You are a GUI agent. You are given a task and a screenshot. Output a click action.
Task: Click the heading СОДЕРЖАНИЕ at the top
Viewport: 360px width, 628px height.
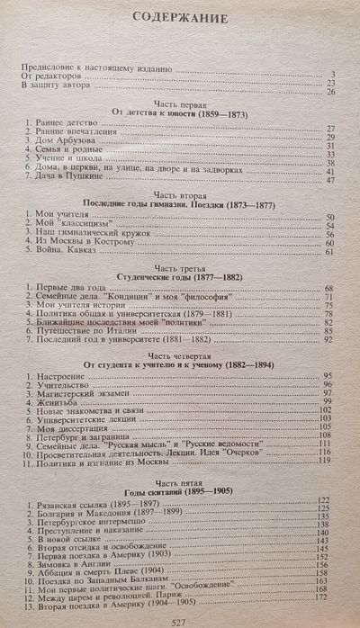180,17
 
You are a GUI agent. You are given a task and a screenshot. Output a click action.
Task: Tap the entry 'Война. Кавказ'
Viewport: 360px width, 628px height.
68,256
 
